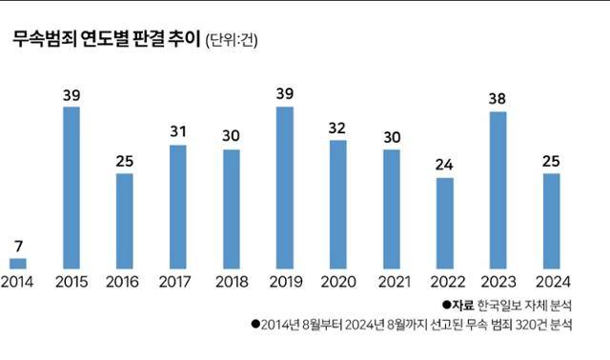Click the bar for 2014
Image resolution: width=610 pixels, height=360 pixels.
pos(18,262)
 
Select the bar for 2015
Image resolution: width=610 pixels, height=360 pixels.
pos(71,187)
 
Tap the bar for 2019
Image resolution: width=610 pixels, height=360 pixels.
pos(284,187)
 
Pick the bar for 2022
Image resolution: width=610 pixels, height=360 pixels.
pos(444,222)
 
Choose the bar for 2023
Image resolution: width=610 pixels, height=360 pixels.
pos(498,190)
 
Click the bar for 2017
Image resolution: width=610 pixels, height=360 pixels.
pos(177,206)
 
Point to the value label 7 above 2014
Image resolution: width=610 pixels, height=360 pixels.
pos(18,246)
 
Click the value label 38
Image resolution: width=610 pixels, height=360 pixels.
pos(498,98)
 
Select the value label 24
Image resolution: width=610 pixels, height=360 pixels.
pos(444,163)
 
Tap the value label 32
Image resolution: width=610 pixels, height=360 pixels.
pos(337,127)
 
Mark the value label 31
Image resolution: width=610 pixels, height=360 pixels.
pos(177,131)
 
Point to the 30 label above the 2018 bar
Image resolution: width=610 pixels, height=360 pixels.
pos(231,136)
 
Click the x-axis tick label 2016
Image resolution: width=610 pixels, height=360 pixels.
pos(124,283)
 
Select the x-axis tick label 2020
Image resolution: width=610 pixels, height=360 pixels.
pos(337,283)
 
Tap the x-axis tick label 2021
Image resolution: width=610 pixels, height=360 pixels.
pos(391,283)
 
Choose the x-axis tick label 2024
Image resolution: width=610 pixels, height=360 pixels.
pos(551,283)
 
